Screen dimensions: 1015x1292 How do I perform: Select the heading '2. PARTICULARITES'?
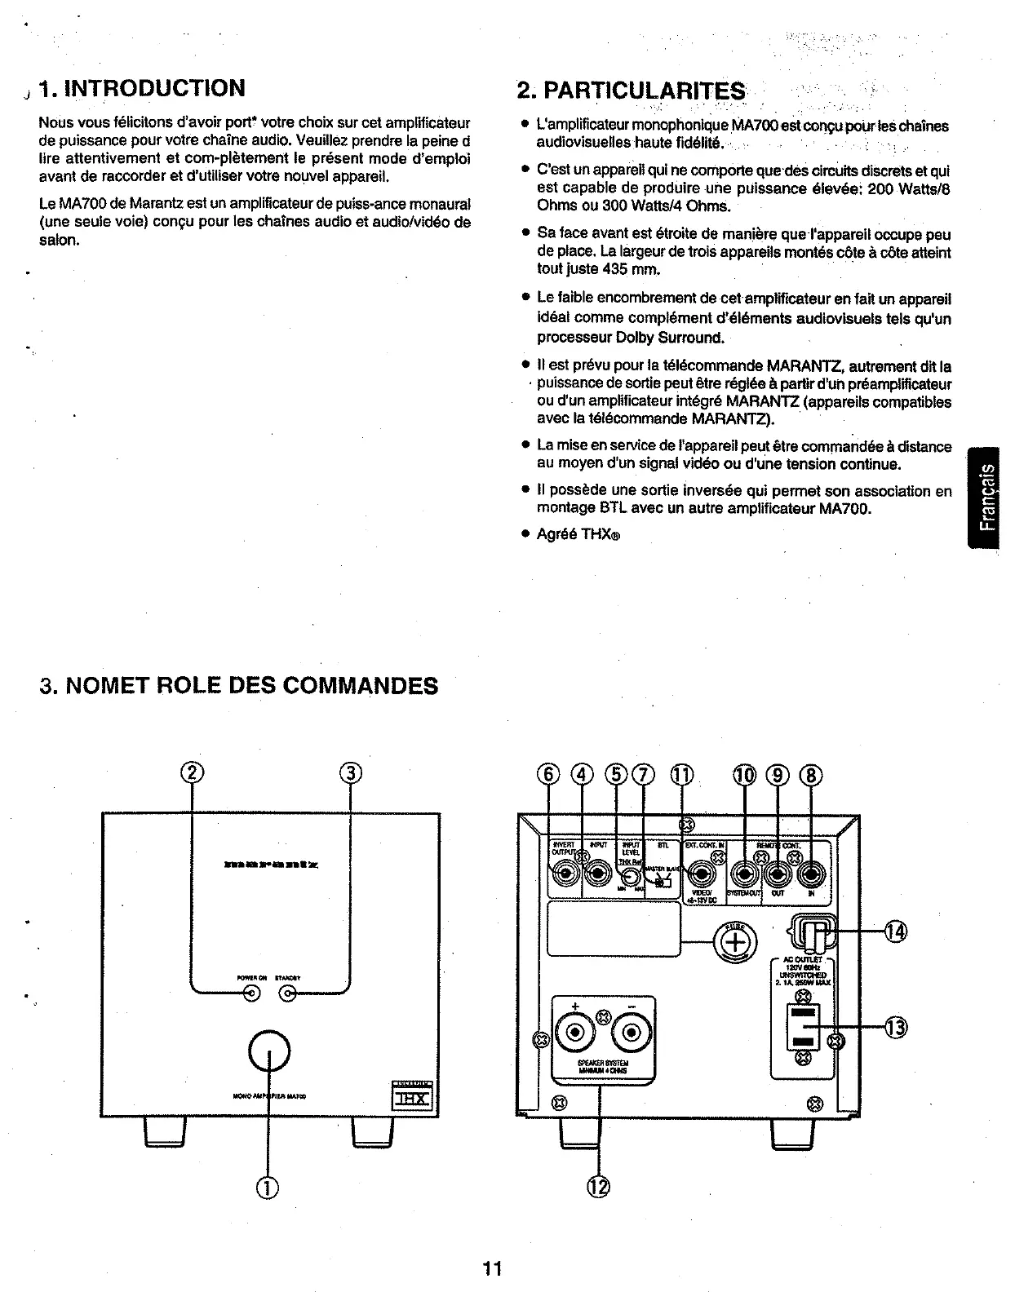pos(632,90)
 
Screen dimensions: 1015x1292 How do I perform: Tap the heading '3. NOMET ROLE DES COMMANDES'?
pos(238,685)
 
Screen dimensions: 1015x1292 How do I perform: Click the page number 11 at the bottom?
pos(492,1268)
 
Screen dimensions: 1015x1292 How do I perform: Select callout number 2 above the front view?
pos(192,772)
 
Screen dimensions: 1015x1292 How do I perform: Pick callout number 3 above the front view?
pos(350,772)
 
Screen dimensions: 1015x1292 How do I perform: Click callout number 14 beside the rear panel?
pos(895,930)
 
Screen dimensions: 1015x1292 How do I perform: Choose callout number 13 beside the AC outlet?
pos(895,1027)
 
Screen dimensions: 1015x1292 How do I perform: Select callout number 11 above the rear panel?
pos(682,773)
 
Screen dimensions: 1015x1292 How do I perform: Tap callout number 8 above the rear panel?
pos(812,773)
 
